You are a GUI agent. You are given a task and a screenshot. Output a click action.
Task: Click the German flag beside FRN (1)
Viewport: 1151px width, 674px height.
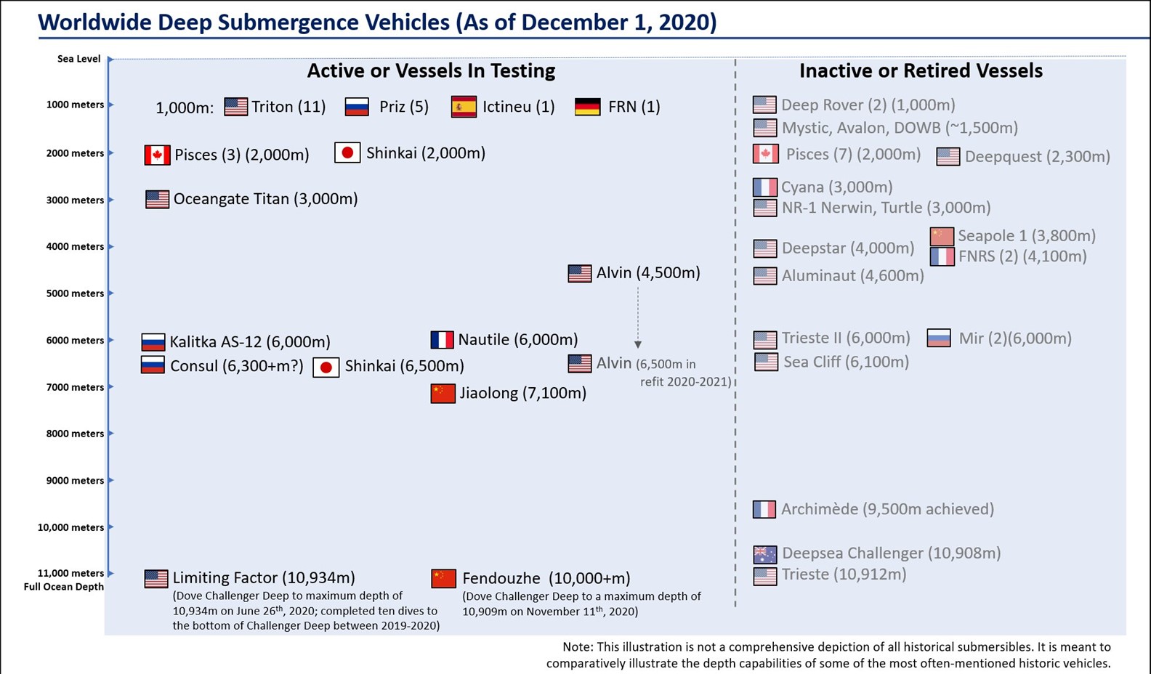[587, 107]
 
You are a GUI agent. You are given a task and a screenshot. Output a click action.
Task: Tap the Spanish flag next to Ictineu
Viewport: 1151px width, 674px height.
[464, 107]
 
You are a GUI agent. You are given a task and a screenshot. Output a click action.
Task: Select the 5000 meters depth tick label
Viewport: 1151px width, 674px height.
[75, 293]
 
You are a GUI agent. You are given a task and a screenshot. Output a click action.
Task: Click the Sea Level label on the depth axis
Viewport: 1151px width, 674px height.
[78, 59]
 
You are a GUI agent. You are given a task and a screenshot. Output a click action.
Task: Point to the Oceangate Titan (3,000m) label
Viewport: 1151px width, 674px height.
[265, 199]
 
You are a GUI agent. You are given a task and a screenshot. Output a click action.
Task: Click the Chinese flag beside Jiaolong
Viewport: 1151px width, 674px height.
[443, 393]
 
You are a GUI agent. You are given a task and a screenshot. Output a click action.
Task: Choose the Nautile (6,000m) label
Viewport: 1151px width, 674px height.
[517, 339]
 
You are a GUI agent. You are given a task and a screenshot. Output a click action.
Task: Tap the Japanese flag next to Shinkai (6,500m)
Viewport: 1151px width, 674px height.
[326, 367]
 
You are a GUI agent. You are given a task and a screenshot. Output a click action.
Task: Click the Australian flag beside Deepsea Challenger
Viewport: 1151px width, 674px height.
[764, 554]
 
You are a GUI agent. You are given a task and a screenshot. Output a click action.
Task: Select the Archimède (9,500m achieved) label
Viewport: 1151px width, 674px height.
[887, 509]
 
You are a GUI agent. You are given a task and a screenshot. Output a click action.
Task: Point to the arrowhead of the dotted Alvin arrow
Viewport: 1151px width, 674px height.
[638, 344]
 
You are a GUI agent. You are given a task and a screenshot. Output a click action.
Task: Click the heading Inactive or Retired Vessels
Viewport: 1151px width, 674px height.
[921, 70]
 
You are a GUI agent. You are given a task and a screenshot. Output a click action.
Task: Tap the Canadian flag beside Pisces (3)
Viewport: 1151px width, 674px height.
[157, 155]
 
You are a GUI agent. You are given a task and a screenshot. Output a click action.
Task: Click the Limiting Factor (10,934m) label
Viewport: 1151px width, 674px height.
[263, 578]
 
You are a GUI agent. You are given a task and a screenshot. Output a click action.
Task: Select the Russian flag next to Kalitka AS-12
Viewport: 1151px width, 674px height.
[153, 341]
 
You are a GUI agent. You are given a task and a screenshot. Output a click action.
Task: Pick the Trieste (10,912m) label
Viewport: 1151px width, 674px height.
[843, 574]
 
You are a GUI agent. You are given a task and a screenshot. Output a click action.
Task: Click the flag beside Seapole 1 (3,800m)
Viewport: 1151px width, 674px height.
[942, 236]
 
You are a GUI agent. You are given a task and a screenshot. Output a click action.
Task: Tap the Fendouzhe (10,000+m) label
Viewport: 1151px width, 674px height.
[546, 578]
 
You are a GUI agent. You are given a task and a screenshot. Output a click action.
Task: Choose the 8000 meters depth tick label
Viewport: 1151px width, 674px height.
[75, 434]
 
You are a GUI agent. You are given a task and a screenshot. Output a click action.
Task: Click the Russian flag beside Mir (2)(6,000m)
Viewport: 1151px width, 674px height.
[939, 338]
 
